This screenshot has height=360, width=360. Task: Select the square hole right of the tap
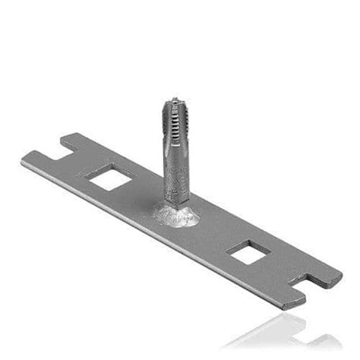click(248, 252)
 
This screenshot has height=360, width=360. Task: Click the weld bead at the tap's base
click(177, 216)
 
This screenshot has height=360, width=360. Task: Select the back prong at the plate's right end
click(327, 275)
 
